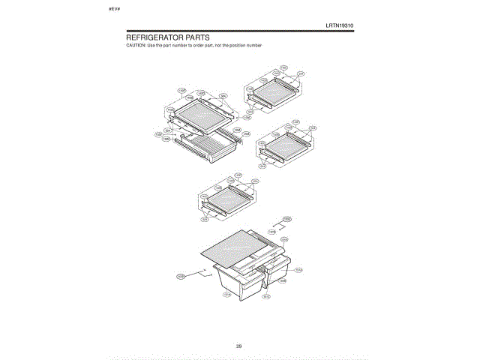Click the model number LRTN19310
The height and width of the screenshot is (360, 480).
[340, 25]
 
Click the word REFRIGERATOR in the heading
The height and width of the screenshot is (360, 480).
[157, 37]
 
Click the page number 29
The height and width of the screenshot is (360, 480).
[238, 346]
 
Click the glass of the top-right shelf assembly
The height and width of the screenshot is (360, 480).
[274, 89]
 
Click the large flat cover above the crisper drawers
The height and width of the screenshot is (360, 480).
[233, 248]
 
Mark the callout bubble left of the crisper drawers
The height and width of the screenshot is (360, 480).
[181, 277]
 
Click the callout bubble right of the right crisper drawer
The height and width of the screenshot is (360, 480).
[298, 270]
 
